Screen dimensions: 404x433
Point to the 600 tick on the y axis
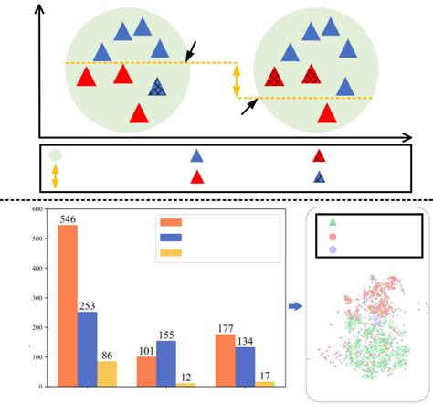(37, 210)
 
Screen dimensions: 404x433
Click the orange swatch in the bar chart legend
(170, 222)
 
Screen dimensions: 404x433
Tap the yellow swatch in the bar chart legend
(170, 252)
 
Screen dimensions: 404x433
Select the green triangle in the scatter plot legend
(332, 222)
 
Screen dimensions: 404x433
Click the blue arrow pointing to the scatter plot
(293, 306)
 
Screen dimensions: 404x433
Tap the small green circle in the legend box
(55, 155)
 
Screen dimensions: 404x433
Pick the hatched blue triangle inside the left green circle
(158, 87)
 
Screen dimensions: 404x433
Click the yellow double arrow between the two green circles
(237, 80)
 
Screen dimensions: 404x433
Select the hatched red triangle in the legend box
(319, 155)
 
